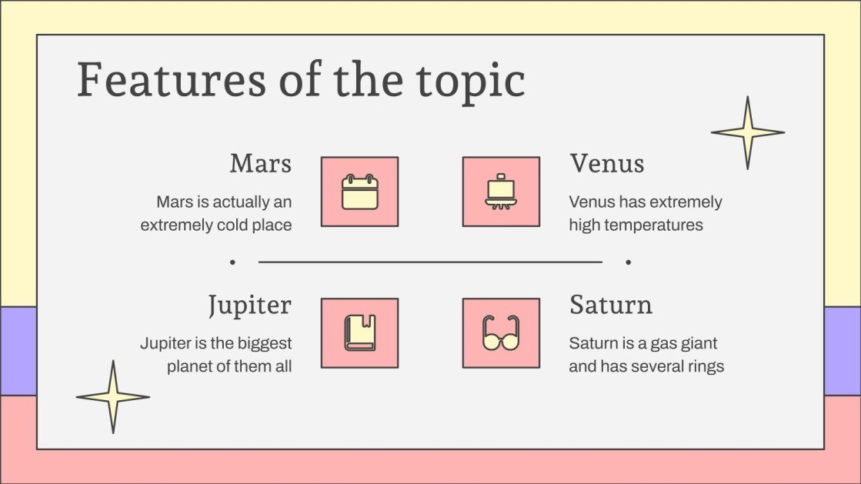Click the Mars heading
[x=260, y=164]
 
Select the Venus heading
[x=606, y=164]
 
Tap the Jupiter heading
[x=249, y=305]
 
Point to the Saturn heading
[x=610, y=305]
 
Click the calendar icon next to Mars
[x=359, y=192]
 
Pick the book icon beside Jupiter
[x=359, y=333]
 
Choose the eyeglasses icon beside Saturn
[x=501, y=333]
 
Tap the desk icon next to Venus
[x=501, y=192]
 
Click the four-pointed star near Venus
[x=747, y=132]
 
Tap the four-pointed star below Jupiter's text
[x=112, y=397]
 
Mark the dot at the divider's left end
[x=232, y=262]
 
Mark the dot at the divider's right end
[x=629, y=262]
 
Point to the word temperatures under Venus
[x=654, y=225]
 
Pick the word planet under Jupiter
[x=191, y=366]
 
